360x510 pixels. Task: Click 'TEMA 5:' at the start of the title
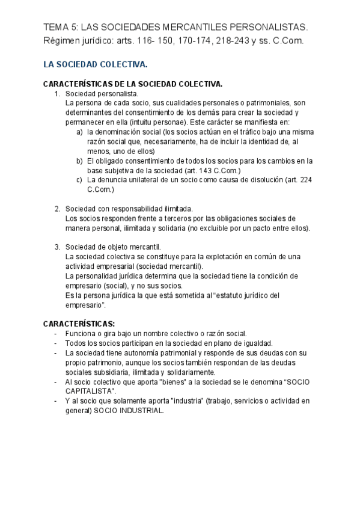[61, 27]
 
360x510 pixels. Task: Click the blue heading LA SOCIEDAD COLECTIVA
[96, 64]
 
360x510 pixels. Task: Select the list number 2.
[57, 208]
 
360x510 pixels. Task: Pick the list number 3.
[57, 247]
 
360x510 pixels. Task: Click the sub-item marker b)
[80, 161]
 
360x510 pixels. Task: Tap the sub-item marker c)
[80, 180]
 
